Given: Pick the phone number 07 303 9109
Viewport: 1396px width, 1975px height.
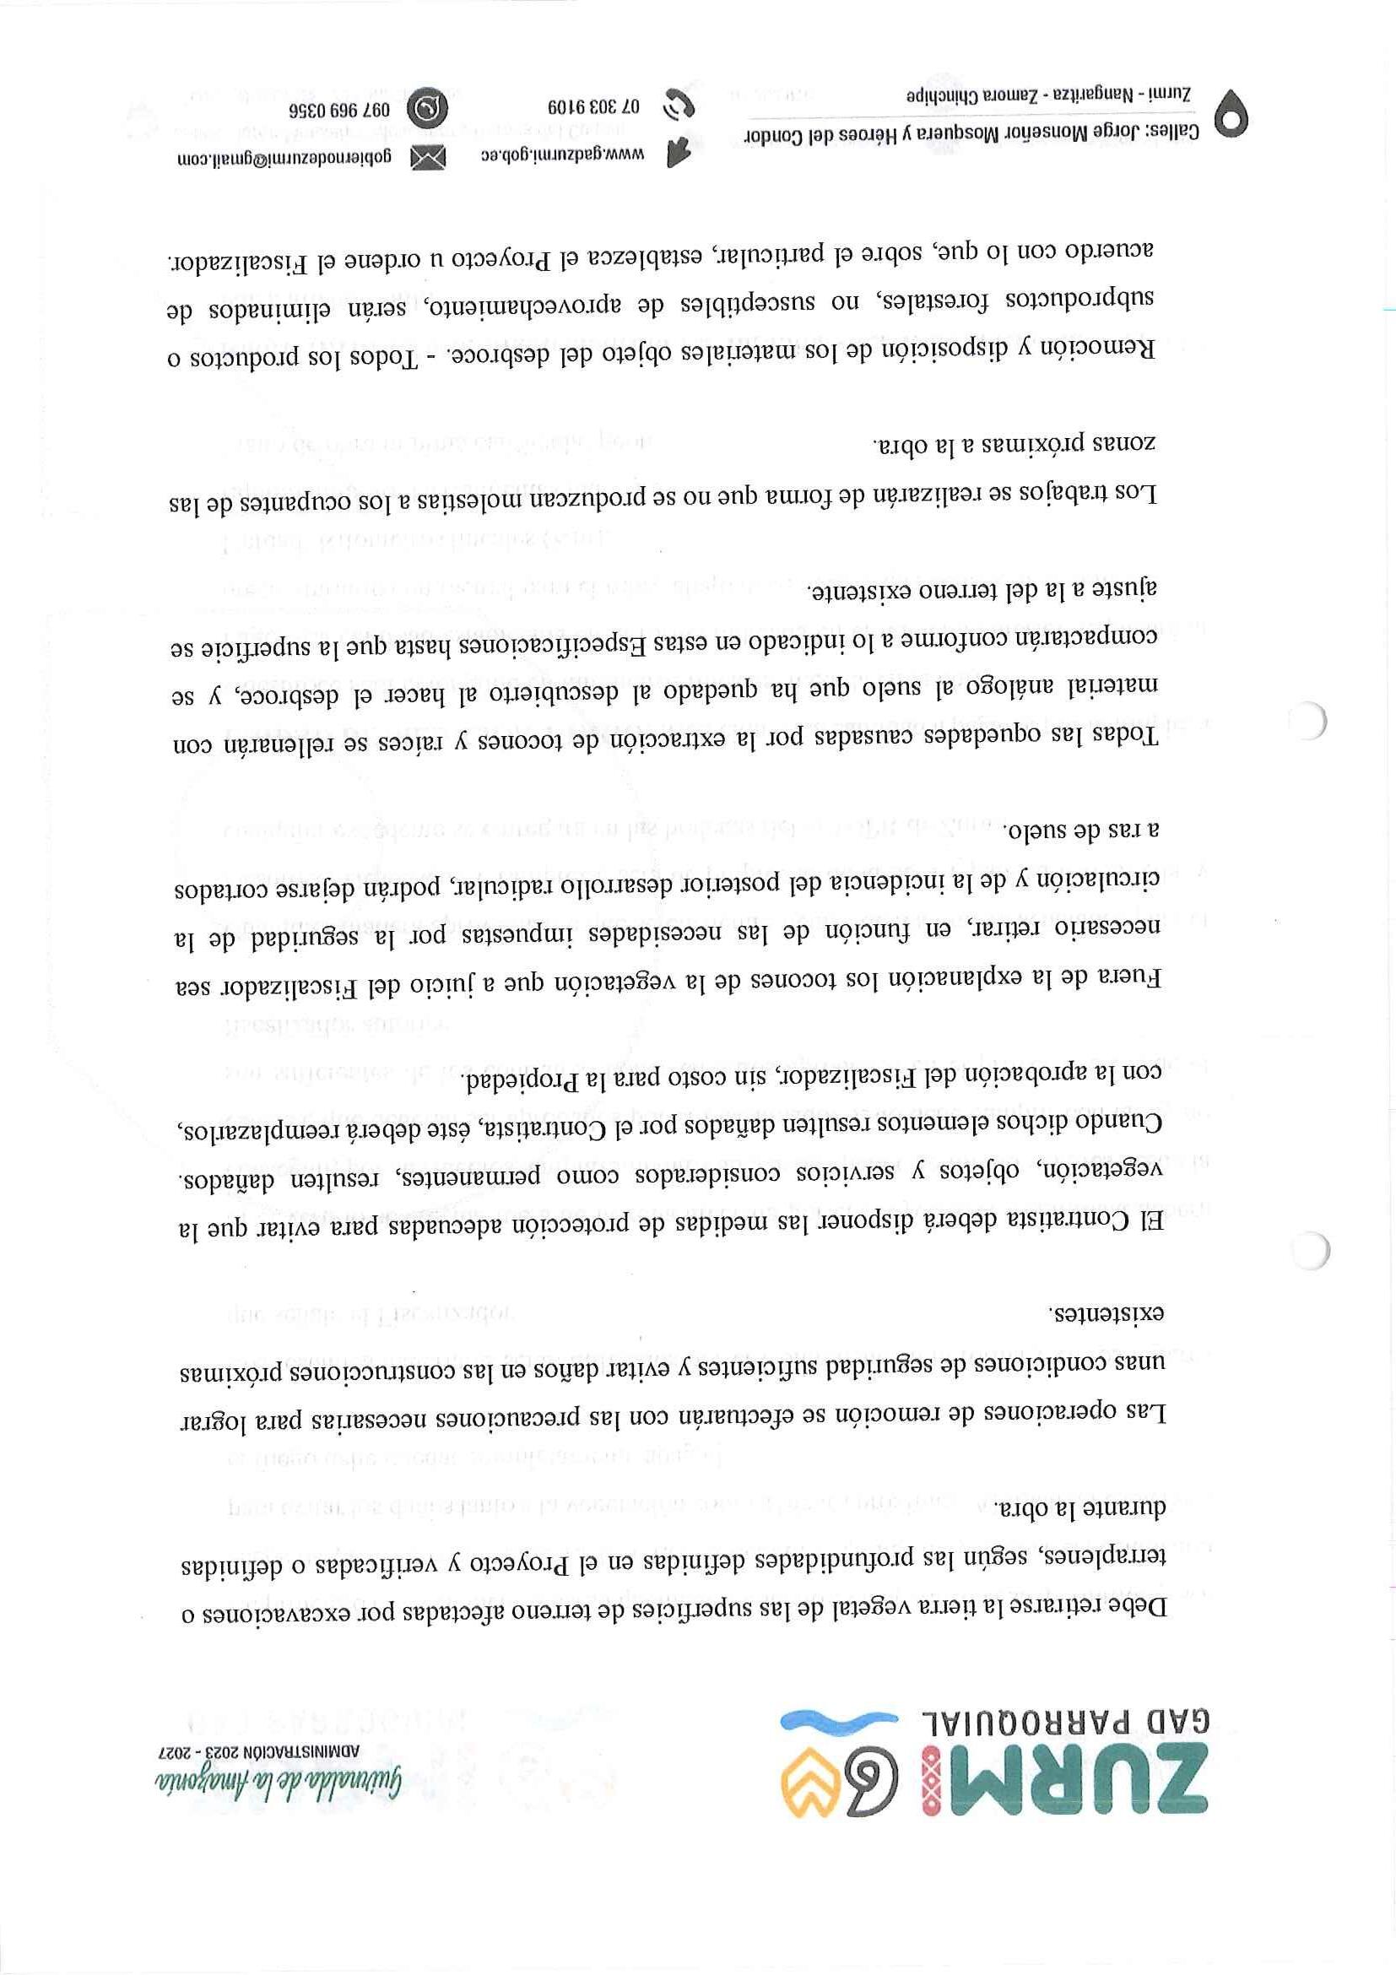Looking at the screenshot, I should point(594,108).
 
